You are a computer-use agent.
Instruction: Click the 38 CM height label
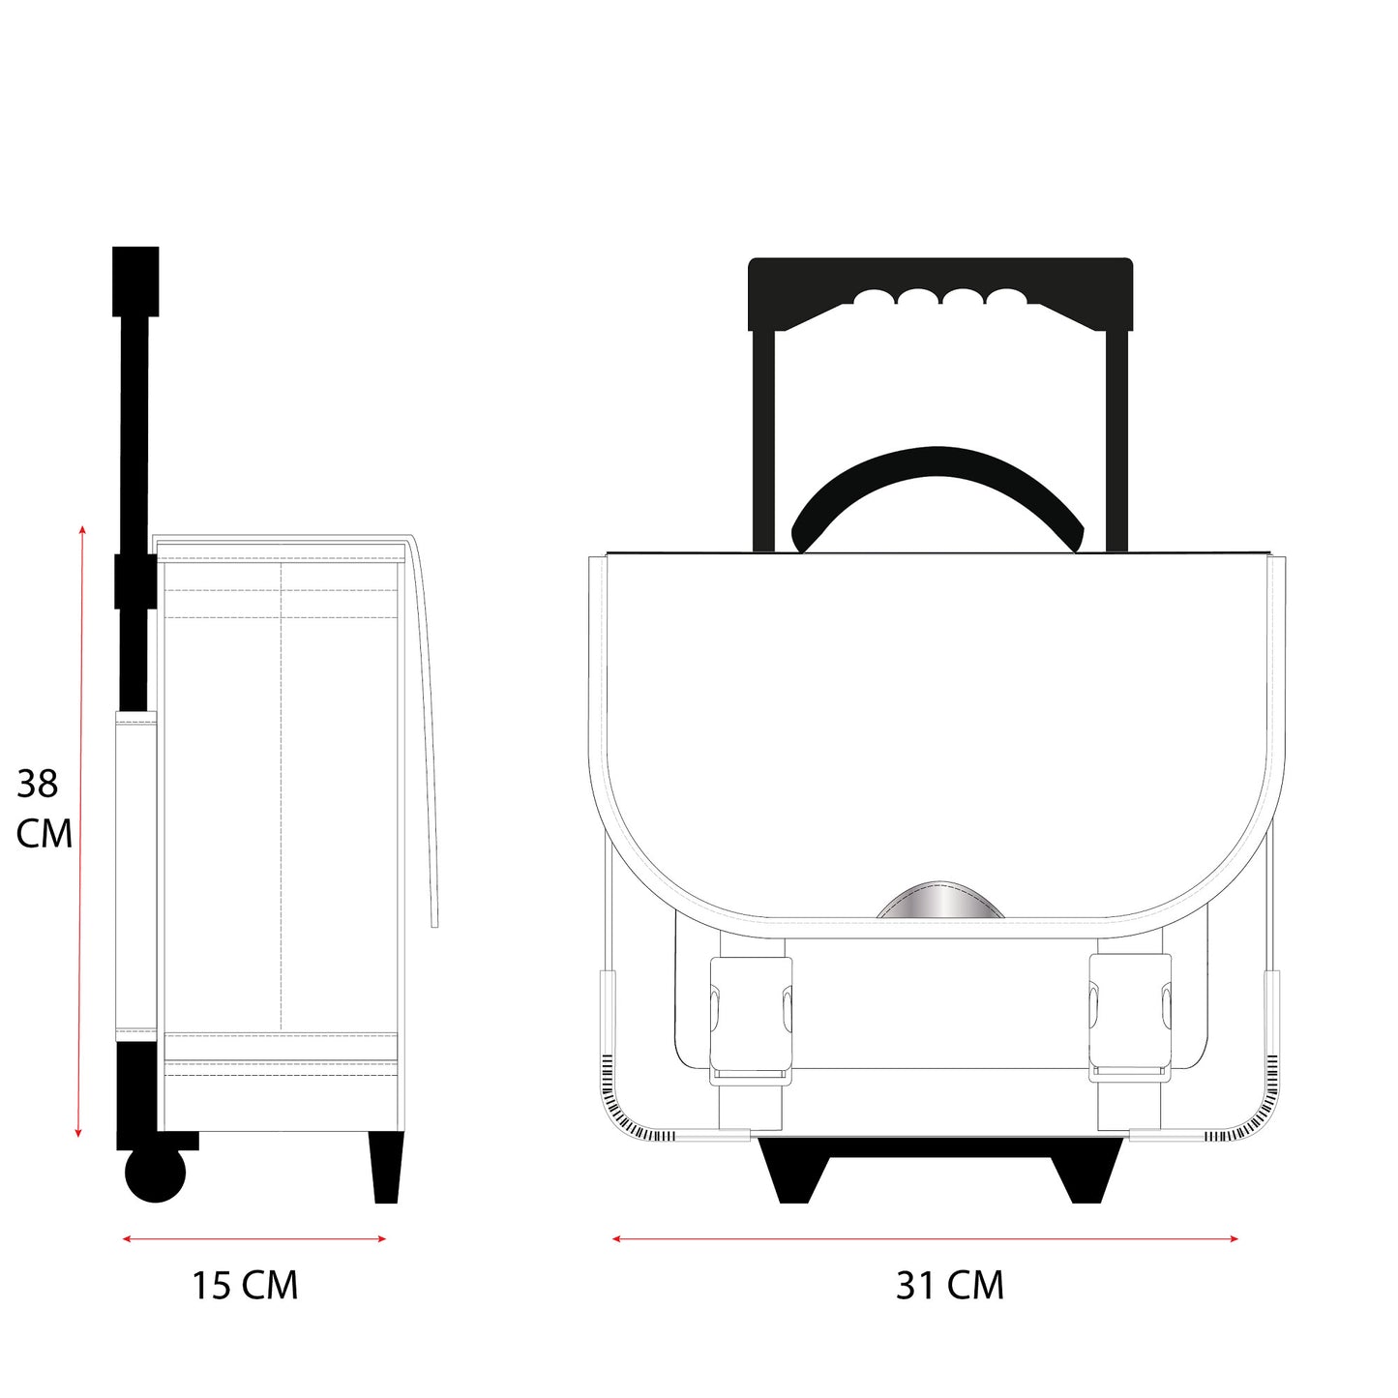[x=44, y=808]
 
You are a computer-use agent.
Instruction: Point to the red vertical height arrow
[x=80, y=831]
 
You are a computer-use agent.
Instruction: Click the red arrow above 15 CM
[x=254, y=1239]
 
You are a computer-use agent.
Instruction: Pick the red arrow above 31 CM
[x=926, y=1239]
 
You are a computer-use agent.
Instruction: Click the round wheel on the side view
[x=155, y=1174]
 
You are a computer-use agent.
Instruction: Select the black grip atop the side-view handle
[x=135, y=282]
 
